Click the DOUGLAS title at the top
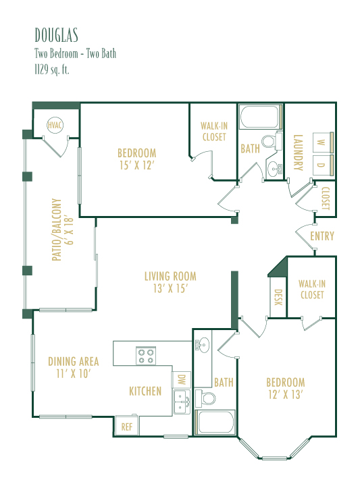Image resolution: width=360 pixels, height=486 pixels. click(56, 35)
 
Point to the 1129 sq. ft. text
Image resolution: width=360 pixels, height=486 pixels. click(52, 70)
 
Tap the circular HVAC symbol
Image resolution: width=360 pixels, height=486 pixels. click(55, 126)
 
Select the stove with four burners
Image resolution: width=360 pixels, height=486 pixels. click(146, 356)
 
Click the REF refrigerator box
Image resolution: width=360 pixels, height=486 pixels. click(126, 426)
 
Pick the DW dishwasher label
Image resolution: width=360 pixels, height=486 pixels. click(182, 379)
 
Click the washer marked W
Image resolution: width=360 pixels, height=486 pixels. click(323, 142)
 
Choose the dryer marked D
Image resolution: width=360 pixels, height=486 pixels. click(323, 165)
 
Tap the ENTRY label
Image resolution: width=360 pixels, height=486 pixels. click(322, 236)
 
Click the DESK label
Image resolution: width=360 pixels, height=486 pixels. click(278, 297)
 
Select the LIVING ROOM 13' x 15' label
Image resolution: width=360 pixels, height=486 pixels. click(170, 282)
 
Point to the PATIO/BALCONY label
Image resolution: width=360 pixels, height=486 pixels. click(62, 230)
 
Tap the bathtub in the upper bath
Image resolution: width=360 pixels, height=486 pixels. click(261, 117)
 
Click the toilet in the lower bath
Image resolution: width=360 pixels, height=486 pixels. click(205, 398)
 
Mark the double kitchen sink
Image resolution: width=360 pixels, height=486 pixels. click(182, 402)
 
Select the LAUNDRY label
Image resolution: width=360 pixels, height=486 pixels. click(298, 153)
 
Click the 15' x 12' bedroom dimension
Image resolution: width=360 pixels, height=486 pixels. click(136, 165)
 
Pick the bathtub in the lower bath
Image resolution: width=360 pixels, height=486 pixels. click(215, 422)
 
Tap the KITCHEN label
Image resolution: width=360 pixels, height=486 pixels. click(145, 391)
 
